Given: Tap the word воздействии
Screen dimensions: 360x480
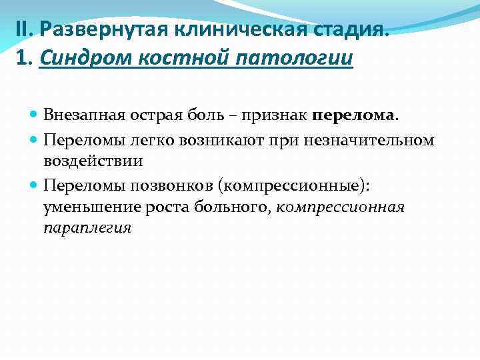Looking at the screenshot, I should (93, 161).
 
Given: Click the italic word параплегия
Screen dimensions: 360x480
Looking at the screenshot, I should (87, 227).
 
